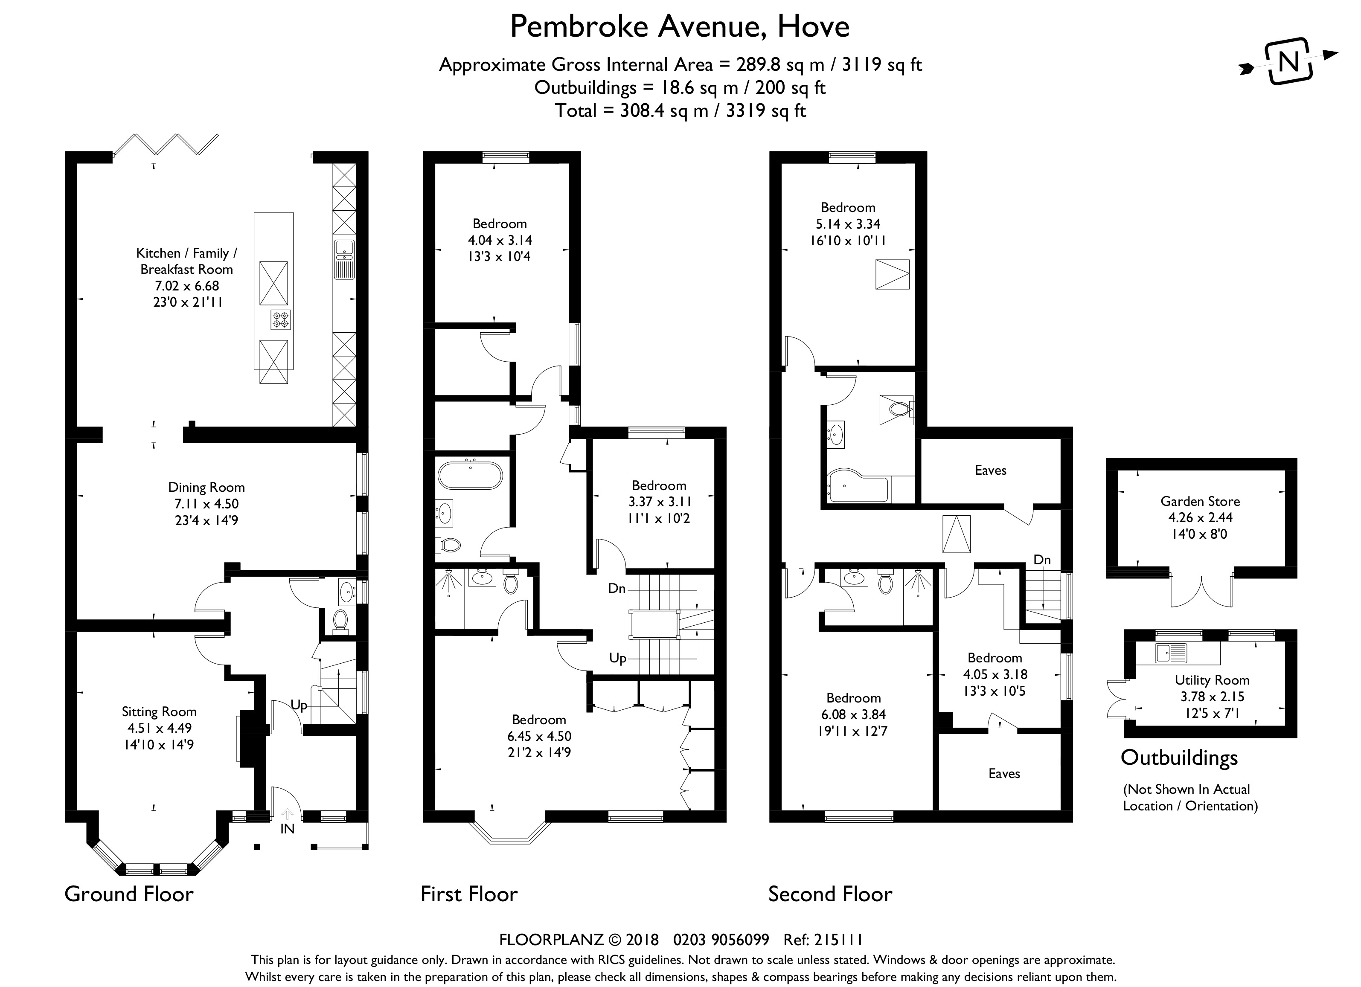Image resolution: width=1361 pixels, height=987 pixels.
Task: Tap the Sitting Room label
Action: [159, 711]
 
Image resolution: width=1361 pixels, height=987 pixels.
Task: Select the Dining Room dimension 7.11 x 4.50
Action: [206, 504]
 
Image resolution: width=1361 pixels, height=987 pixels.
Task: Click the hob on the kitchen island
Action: [280, 319]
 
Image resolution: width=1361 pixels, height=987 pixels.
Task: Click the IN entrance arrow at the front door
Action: [288, 814]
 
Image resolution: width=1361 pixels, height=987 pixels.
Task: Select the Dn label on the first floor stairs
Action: [617, 589]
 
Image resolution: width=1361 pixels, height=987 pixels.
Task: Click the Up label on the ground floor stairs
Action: [299, 705]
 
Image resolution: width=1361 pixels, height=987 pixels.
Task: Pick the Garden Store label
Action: [1200, 501]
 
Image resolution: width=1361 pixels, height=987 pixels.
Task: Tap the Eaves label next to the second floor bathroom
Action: [990, 470]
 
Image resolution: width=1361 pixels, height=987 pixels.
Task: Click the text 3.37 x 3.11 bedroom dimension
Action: [659, 502]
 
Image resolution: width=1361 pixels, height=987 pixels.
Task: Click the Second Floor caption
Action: [830, 894]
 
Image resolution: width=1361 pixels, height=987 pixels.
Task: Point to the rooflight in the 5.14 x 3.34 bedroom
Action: [893, 275]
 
